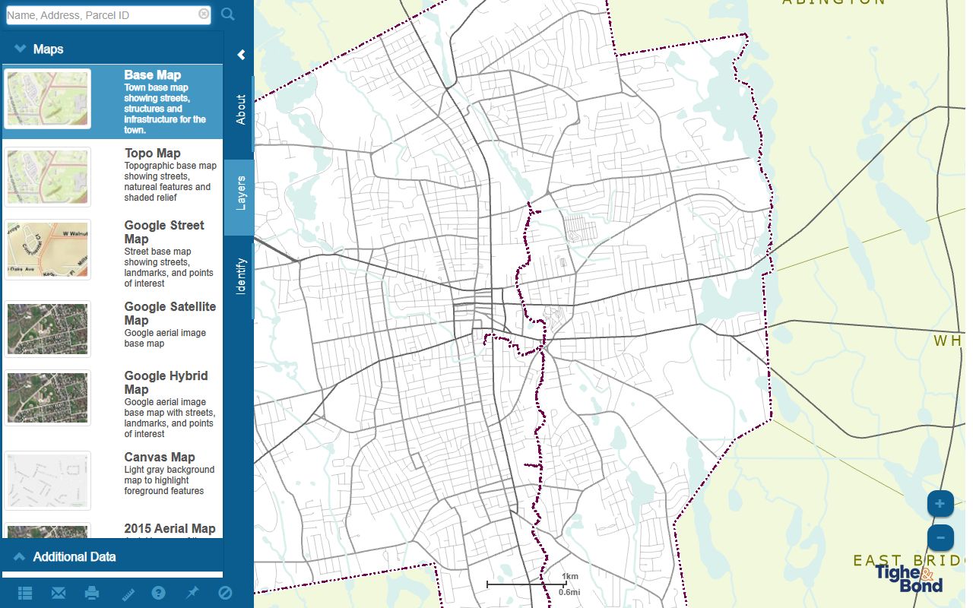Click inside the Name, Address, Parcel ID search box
103,14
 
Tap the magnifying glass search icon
228,14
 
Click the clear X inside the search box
204,14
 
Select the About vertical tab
240,109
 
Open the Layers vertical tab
240,193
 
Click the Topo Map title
153,154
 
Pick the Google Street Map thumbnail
47,249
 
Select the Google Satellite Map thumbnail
47,328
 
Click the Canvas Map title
160,458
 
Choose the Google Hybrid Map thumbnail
47,397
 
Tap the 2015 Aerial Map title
170,529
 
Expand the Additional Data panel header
74,557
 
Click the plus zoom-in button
940,504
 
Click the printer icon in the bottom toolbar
92,593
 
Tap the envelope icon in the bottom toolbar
59,593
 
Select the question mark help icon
158,593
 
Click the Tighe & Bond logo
909,578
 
